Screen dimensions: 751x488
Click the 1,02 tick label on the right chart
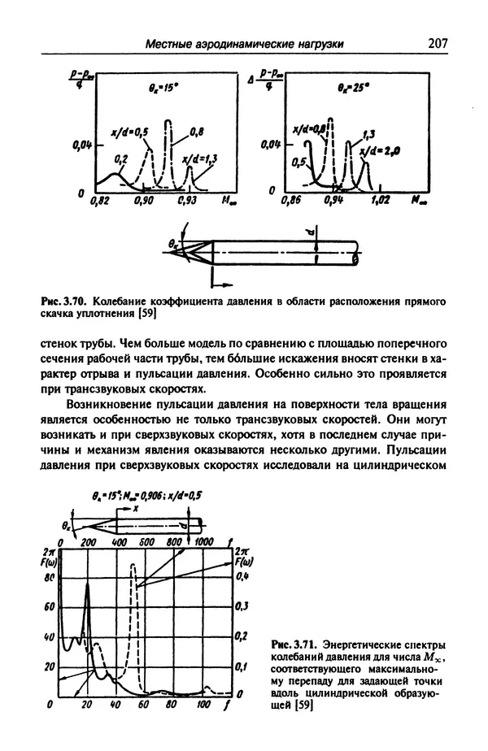tap(381, 199)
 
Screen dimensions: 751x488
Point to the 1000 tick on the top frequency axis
tap(203, 540)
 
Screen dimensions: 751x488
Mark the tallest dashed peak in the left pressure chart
tap(168, 122)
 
